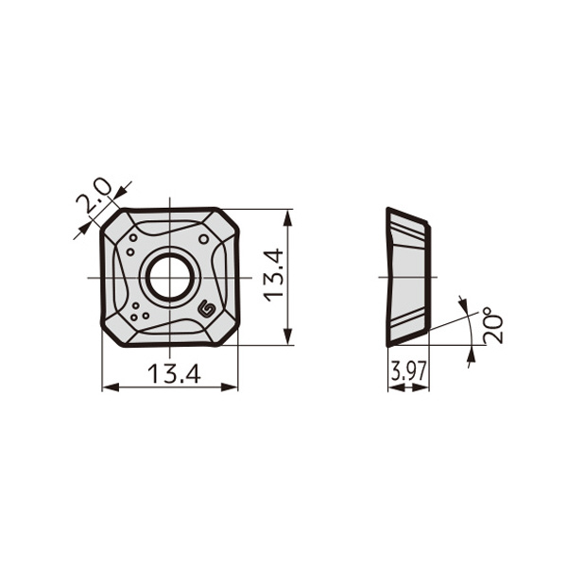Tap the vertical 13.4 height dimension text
[273, 275]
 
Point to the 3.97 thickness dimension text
[408, 372]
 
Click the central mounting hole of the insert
[169, 277]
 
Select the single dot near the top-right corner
[203, 239]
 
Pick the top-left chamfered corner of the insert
[113, 221]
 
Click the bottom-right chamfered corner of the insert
[226, 333]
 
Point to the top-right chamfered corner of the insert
[226, 221]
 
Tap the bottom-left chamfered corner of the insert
[113, 333]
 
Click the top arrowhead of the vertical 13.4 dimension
[288, 216]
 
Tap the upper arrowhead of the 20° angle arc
[462, 303]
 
